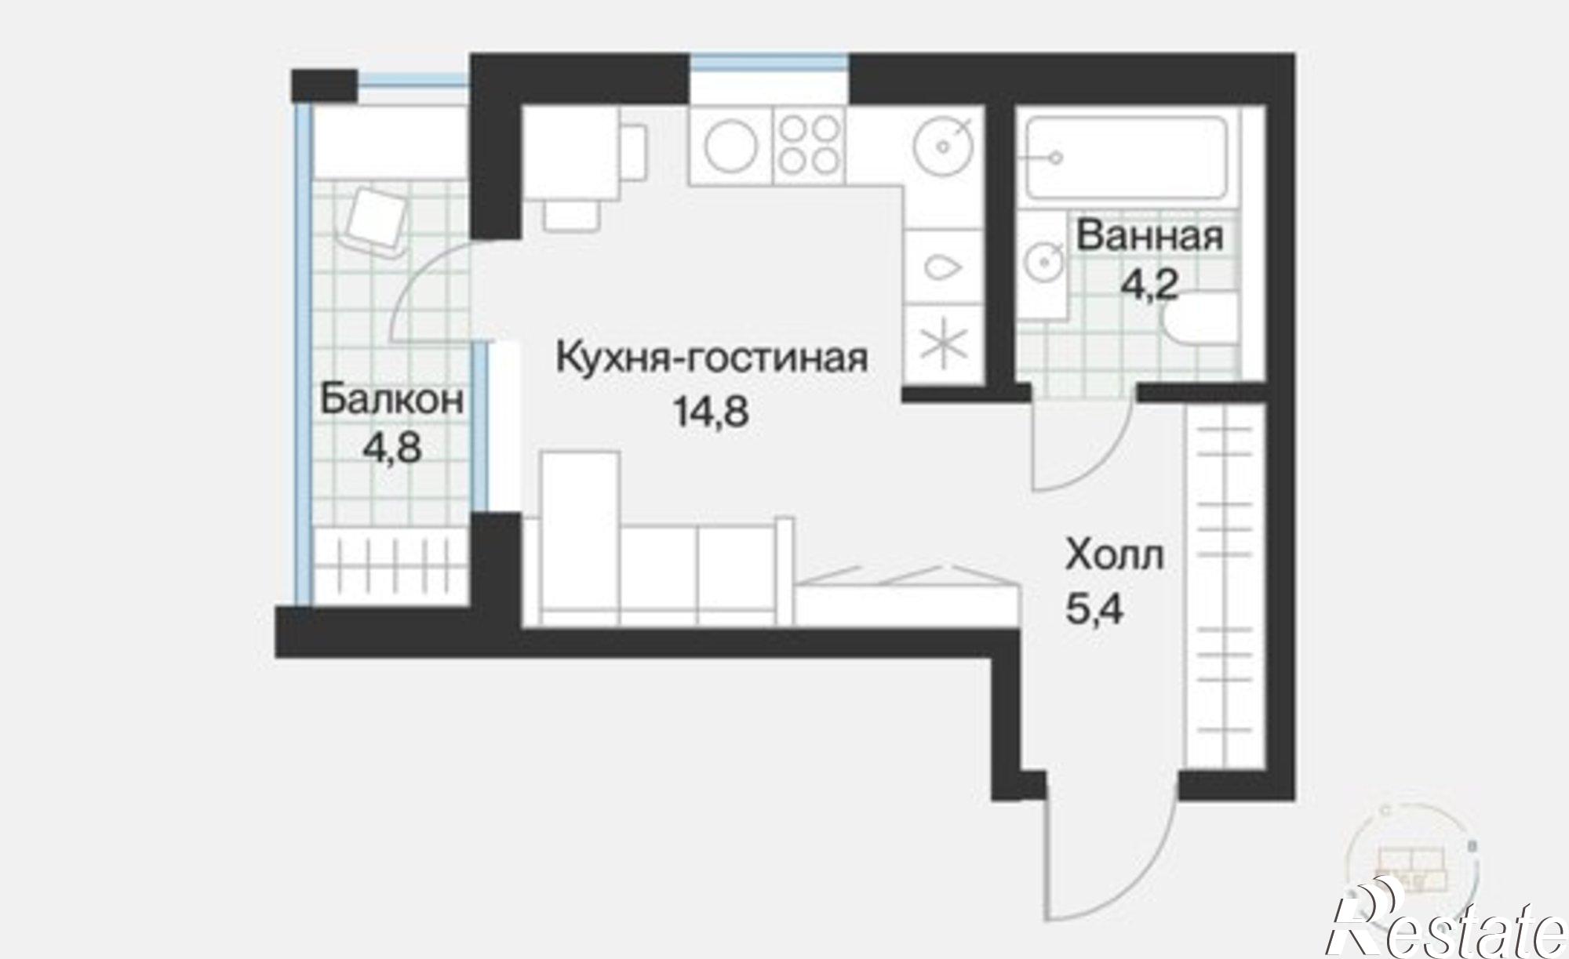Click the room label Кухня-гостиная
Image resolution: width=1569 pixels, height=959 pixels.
coord(712,358)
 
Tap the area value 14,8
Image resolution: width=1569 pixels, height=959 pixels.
coord(711,412)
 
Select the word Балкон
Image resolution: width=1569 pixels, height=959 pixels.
coord(391,400)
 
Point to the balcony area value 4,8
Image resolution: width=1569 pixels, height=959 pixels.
coord(392,449)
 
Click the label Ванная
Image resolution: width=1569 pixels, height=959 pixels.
coord(1149,236)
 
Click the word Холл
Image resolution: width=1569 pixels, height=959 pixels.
coord(1115,557)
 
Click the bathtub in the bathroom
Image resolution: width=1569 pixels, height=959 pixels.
coord(1127,158)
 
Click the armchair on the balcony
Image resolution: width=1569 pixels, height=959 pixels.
coord(377,220)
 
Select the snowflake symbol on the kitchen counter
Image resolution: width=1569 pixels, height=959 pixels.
coord(944,346)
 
